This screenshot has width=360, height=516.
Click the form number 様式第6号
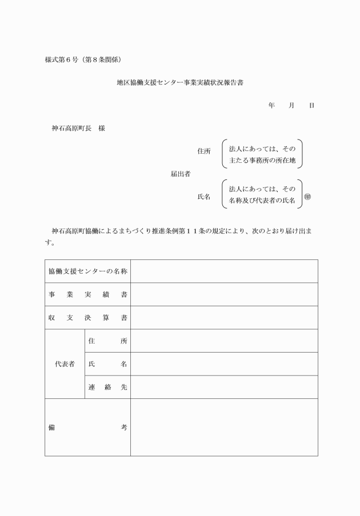point(61,59)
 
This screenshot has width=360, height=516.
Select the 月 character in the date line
point(291,106)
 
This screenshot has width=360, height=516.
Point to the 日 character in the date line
point(311,106)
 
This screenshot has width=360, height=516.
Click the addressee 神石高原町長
point(72,129)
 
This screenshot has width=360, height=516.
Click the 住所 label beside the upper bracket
point(204,151)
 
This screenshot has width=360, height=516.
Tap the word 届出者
point(181,174)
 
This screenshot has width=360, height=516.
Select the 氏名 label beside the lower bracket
point(204,197)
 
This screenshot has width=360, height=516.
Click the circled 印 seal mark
point(307,197)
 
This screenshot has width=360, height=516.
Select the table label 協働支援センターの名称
point(87,271)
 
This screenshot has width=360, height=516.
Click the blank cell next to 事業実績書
point(224,294)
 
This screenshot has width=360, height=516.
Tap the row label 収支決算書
point(87,318)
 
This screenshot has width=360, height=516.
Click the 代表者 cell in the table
point(65,364)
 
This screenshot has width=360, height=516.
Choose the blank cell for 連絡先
point(224,387)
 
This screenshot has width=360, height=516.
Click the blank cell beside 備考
point(224,427)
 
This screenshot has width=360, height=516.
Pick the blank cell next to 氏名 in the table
point(224,364)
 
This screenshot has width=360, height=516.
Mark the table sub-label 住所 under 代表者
point(107,341)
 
